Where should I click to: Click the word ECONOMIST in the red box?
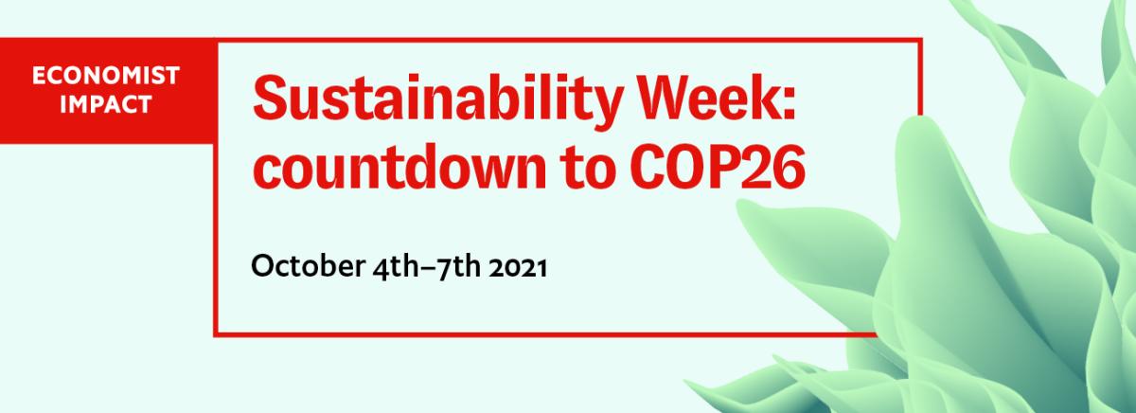click(x=105, y=76)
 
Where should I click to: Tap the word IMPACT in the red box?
click(x=105, y=104)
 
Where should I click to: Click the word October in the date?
click(x=308, y=265)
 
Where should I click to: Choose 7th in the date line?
click(x=459, y=267)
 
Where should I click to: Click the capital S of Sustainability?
click(x=273, y=97)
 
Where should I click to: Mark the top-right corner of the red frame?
click(x=920, y=40)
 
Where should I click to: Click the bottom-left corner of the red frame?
click(x=216, y=333)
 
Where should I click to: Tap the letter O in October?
click(x=263, y=265)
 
